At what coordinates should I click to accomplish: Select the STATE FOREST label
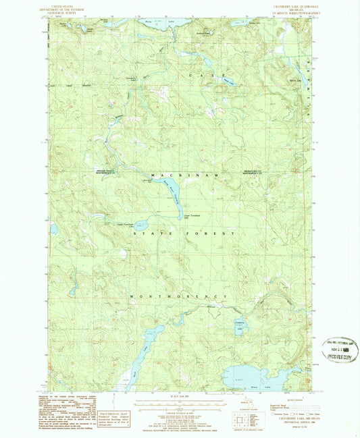click(184, 233)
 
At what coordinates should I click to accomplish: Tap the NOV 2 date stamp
click(342, 351)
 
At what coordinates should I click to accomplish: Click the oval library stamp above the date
click(342, 342)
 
